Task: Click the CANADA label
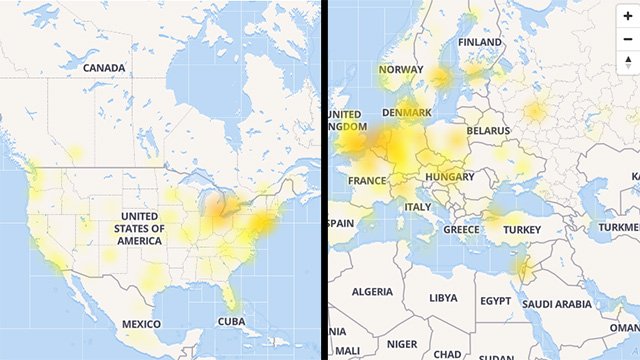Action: [x=104, y=68]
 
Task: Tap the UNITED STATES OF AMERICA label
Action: [x=139, y=228]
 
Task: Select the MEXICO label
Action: [x=141, y=324]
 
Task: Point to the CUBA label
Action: [x=231, y=322]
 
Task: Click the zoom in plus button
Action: [x=627, y=16]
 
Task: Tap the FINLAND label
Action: [x=480, y=43]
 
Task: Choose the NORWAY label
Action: [x=401, y=70]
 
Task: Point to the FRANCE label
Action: [x=367, y=180]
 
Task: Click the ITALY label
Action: [x=417, y=207]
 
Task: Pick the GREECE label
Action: [x=461, y=229]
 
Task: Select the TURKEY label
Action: [x=521, y=229]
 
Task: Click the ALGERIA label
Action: [x=372, y=291]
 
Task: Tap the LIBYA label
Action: [x=442, y=298]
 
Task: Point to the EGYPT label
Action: [x=495, y=300]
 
